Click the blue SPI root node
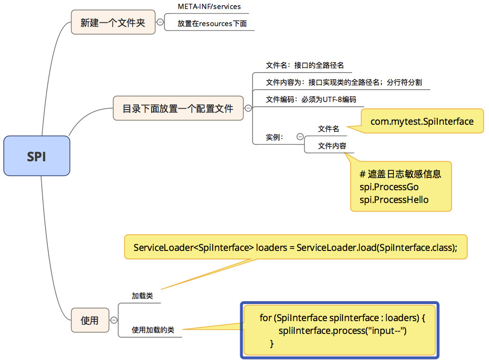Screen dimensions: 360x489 (x=36, y=156)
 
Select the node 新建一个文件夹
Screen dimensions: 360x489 (x=113, y=22)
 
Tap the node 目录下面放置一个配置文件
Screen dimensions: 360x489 (x=178, y=108)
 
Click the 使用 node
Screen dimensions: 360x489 (x=90, y=320)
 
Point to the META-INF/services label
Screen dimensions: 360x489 (x=209, y=7)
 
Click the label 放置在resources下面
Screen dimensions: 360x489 (x=212, y=23)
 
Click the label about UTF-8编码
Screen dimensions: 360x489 (x=311, y=100)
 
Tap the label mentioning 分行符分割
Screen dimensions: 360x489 (x=344, y=82)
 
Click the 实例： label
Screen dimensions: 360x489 (x=274, y=137)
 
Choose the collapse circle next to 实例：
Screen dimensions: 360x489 (x=300, y=137)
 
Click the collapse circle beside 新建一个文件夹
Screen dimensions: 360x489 (x=160, y=22)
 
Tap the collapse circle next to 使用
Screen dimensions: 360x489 (x=114, y=320)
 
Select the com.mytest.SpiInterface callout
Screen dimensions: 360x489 (x=422, y=121)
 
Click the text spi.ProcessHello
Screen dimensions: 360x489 (x=394, y=200)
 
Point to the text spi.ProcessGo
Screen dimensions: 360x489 (x=389, y=187)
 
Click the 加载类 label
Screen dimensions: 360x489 (x=142, y=295)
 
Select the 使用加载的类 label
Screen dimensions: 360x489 (x=153, y=330)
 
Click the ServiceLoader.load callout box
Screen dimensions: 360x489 (x=295, y=248)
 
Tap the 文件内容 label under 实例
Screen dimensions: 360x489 (x=332, y=146)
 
